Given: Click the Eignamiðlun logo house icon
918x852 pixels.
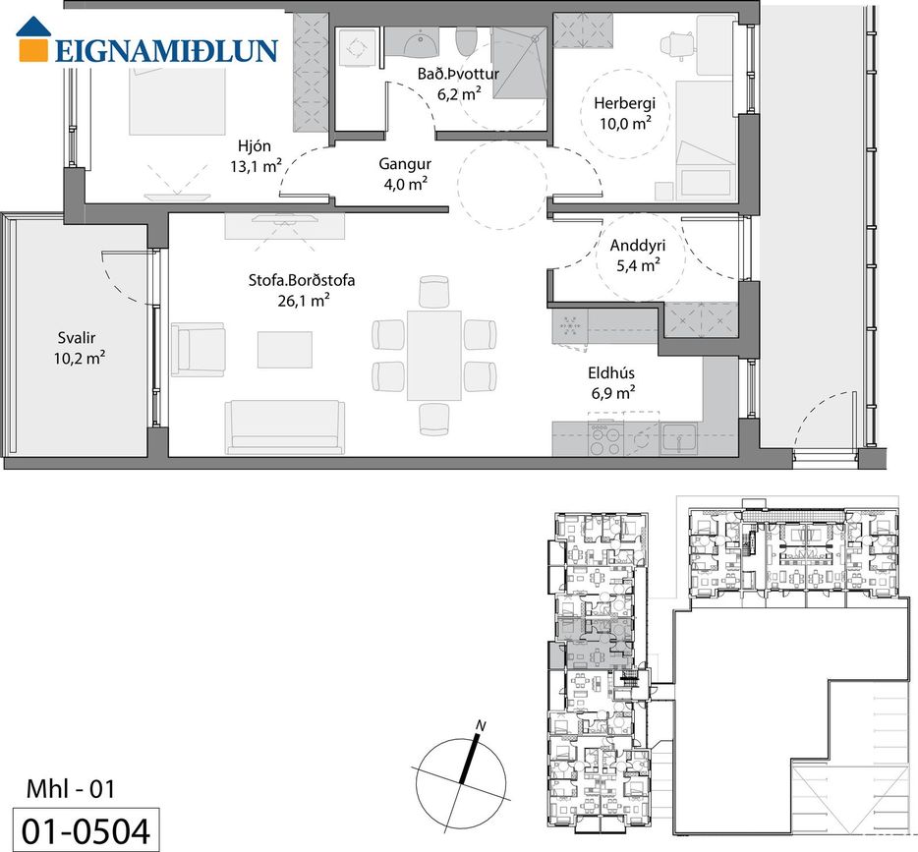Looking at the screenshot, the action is (x=32, y=38).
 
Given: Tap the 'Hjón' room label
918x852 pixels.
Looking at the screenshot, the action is (x=255, y=145).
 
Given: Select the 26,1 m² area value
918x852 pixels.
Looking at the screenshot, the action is (x=303, y=301).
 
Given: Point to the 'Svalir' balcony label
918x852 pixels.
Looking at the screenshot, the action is (x=76, y=338).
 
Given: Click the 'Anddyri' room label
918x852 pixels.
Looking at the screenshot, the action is (x=638, y=246).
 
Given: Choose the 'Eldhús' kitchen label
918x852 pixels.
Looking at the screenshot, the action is (x=611, y=372).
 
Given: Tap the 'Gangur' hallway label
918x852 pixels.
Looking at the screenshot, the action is (x=405, y=164).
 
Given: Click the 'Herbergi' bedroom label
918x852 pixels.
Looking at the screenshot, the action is (x=625, y=103).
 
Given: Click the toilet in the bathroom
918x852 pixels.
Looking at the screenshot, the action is (x=467, y=38).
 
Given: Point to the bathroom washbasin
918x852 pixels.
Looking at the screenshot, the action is (x=421, y=42).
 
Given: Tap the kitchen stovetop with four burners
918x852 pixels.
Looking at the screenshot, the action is (x=606, y=439).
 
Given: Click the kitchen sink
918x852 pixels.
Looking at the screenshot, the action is (x=679, y=439).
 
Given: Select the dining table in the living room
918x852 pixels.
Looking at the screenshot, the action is (x=434, y=355).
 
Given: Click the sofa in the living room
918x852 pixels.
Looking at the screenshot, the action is (x=284, y=427).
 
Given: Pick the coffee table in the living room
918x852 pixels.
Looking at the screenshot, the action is (x=284, y=349).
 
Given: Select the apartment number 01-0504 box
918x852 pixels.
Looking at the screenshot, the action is (x=86, y=829).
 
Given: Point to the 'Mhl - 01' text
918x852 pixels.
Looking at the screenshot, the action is (x=70, y=789).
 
